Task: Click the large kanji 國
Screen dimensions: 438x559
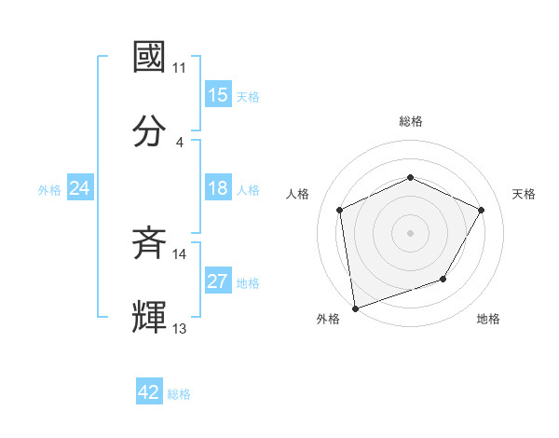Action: pos(151,58)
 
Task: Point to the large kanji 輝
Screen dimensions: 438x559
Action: pos(151,318)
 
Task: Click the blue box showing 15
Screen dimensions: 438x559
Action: pos(218,95)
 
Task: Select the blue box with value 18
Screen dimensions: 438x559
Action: pos(218,189)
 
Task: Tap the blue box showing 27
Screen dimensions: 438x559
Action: pos(218,282)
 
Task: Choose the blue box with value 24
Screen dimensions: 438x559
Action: pos(79,189)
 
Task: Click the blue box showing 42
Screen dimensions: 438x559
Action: pos(149,392)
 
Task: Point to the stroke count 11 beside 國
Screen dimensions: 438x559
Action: pos(180,68)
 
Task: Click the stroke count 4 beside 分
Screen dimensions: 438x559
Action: pos(180,142)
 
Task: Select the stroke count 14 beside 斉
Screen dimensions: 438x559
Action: pos(180,254)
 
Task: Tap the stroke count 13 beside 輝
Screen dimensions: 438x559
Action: pos(180,328)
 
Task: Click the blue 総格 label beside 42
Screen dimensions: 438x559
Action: pos(179,394)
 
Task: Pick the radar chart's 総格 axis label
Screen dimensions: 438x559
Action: pos(410,121)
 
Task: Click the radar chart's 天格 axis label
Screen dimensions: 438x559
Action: pos(524,194)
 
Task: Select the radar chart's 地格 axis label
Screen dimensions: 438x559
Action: pos(488,319)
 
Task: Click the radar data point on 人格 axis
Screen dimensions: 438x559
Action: pos(340,210)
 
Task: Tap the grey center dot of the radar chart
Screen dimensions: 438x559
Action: pos(410,232)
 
